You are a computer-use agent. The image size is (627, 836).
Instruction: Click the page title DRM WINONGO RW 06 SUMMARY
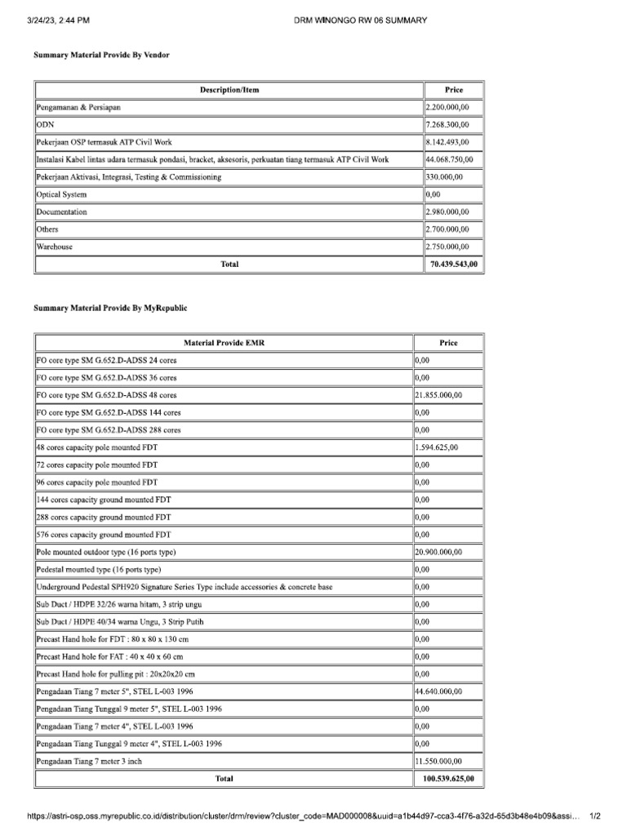click(x=359, y=20)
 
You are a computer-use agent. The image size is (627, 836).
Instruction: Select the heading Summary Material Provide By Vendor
click(x=101, y=54)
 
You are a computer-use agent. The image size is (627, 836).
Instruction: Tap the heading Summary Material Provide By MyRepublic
click(x=110, y=308)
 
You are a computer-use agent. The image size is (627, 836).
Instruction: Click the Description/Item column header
click(x=229, y=90)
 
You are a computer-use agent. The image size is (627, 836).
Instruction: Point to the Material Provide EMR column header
click(x=224, y=343)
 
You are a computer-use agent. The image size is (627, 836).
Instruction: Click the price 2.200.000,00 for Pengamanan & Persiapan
click(x=453, y=107)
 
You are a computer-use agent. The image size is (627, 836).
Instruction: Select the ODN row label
click(x=45, y=125)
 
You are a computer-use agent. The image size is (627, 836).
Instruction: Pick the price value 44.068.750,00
click(x=455, y=159)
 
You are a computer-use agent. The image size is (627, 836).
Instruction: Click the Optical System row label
click(x=61, y=194)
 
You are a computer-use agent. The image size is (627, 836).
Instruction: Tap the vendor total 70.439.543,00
click(x=454, y=265)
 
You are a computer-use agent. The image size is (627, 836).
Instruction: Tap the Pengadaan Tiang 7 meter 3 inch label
click(x=90, y=761)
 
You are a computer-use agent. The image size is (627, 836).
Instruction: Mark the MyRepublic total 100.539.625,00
click(x=448, y=779)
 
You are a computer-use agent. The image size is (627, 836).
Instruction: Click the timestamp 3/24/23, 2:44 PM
click(x=60, y=20)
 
